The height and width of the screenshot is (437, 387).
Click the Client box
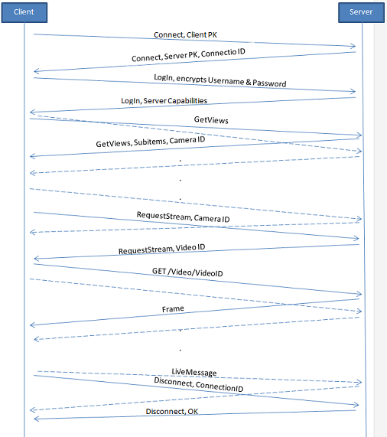24,12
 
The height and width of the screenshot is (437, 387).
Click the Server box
361,12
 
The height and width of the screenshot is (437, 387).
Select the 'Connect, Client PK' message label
185,35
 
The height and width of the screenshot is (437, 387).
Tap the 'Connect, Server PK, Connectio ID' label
188,54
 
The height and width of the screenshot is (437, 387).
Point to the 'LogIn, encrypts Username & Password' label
220,80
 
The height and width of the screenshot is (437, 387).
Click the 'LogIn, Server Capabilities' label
164,100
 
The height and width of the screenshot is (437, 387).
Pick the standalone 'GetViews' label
211,120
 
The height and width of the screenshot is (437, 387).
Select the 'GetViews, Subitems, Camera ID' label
151,142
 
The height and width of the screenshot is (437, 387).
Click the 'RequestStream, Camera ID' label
184,217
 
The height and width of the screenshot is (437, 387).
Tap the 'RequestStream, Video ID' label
162,249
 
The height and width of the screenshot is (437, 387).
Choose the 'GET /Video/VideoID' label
187,272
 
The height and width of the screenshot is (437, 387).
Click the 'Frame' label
173,309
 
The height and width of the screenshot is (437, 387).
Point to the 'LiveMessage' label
194,372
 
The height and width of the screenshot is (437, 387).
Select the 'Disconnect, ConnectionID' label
199,385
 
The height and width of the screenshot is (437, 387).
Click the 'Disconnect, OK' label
172,411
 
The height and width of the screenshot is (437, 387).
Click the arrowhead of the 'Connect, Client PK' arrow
353,46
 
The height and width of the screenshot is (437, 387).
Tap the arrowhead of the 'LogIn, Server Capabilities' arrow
32,112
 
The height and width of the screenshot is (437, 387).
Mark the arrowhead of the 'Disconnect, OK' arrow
36,419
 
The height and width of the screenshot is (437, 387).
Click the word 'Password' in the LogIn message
269,83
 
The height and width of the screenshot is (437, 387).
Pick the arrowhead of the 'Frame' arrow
32,324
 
